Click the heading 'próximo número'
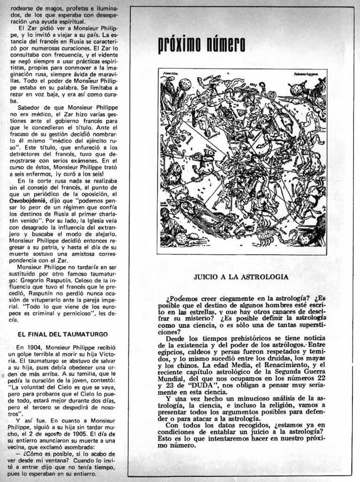[x=201, y=46]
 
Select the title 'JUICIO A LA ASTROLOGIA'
[x=241, y=277]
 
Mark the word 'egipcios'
[x=171, y=352]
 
